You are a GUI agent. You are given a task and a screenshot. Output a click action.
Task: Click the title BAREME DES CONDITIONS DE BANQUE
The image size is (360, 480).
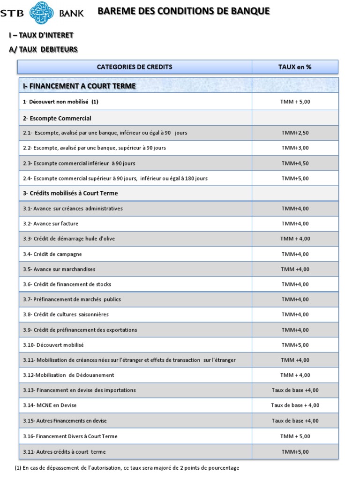(x=184, y=11)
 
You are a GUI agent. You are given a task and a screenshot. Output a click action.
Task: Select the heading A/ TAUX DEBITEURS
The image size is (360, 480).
(x=43, y=49)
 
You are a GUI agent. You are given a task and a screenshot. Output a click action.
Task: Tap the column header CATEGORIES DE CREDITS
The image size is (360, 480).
(x=135, y=67)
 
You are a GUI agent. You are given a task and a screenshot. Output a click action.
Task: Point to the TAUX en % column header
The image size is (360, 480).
(x=295, y=67)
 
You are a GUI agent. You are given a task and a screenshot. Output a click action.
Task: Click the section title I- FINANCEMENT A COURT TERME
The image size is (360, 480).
(x=80, y=86)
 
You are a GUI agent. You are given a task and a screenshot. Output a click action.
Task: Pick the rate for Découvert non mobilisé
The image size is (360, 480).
(x=295, y=102)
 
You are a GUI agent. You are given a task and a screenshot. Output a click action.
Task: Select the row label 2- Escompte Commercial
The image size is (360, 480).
(x=57, y=118)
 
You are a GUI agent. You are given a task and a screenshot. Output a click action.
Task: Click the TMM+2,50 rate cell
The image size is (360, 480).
(x=295, y=133)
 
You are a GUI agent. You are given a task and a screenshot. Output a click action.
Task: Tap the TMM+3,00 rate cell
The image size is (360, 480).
(x=295, y=148)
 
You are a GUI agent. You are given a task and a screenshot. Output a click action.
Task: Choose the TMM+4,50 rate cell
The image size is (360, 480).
(x=295, y=164)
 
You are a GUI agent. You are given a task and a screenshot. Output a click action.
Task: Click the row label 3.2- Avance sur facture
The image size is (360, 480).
(x=51, y=224)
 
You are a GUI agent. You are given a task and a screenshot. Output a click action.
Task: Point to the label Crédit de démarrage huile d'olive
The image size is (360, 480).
(x=69, y=239)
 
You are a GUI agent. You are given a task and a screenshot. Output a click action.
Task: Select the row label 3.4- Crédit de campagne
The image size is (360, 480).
(x=52, y=254)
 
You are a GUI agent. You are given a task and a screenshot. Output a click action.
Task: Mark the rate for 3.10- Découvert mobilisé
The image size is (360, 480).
(x=295, y=345)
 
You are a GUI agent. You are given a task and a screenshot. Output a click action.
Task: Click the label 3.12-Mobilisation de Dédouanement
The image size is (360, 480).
(x=68, y=375)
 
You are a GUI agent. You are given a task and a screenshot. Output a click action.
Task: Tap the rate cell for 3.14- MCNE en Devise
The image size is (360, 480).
(x=295, y=405)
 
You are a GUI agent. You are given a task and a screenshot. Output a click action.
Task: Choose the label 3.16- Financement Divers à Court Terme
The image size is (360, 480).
(x=70, y=436)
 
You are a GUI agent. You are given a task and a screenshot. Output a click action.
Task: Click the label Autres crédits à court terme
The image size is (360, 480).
(x=65, y=452)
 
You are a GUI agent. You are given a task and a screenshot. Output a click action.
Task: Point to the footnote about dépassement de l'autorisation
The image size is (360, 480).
(x=127, y=468)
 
